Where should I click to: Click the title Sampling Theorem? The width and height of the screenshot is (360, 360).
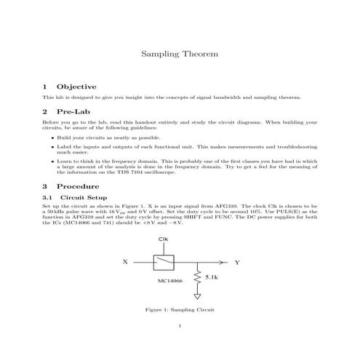point(179,54)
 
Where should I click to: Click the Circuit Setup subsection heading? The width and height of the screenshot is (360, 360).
point(82,197)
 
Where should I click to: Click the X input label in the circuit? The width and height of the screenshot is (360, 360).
point(125,261)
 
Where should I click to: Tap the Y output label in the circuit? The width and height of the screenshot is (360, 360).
point(237,261)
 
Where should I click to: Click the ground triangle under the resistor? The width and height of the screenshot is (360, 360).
point(198,297)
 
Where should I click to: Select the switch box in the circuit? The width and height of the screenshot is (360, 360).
point(164,261)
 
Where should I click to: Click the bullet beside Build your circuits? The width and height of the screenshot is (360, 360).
point(52,137)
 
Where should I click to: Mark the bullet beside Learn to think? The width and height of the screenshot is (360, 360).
point(52,161)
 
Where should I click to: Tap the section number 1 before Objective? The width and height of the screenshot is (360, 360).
point(45,86)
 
